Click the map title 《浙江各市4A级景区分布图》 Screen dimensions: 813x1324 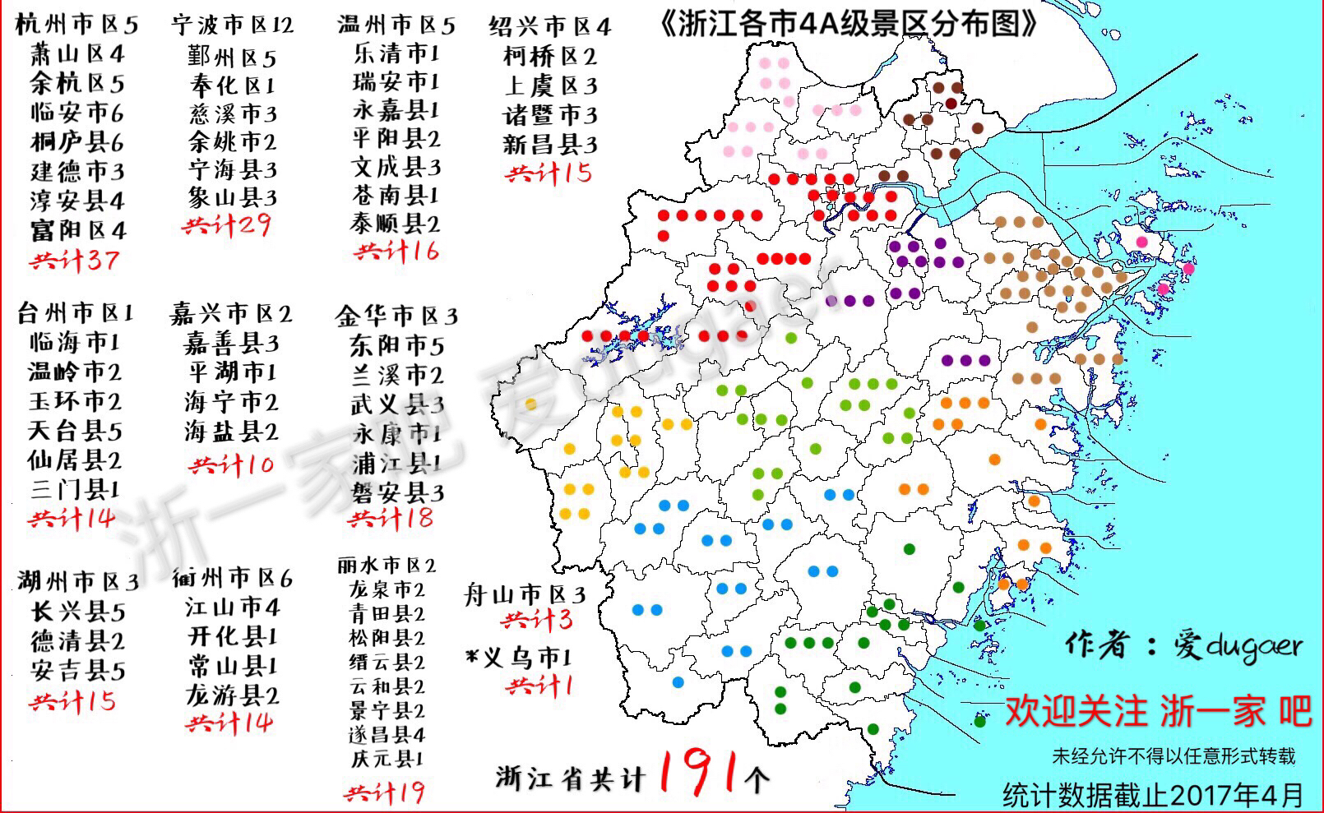[848, 24]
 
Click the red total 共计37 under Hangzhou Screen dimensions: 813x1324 [75, 261]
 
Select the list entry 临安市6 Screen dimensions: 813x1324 [76, 112]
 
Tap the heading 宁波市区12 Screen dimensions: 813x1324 [232, 25]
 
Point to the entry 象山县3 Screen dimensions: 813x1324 [232, 197]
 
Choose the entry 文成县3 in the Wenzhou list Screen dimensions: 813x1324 [396, 168]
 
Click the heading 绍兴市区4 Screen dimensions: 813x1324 [549, 26]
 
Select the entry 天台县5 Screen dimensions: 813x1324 [74, 430]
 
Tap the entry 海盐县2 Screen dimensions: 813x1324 [231, 431]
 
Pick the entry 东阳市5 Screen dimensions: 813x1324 [396, 345]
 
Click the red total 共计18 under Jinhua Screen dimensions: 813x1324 [391, 518]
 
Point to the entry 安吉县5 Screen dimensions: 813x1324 [78, 670]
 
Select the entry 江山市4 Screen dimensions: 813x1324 [232, 607]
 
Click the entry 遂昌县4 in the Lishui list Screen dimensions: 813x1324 [387, 733]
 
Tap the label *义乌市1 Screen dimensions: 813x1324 [518, 658]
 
